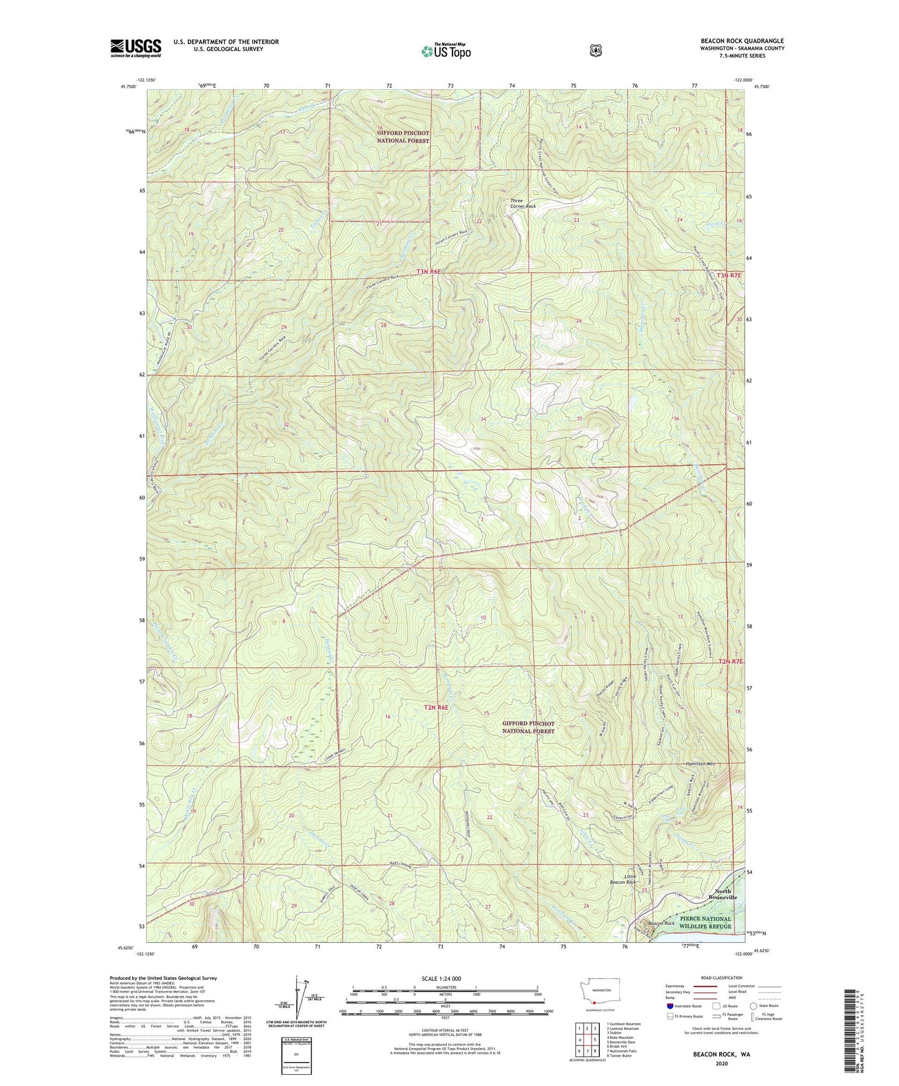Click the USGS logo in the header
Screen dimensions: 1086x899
click(136, 48)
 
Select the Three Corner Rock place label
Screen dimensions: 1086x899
click(523, 203)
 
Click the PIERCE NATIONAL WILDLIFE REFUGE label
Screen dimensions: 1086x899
click(705, 922)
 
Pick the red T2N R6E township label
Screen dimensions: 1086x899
click(436, 707)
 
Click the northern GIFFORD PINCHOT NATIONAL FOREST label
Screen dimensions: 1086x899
click(403, 137)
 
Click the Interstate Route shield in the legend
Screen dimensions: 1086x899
click(669, 1005)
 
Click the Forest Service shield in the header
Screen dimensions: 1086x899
click(596, 50)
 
